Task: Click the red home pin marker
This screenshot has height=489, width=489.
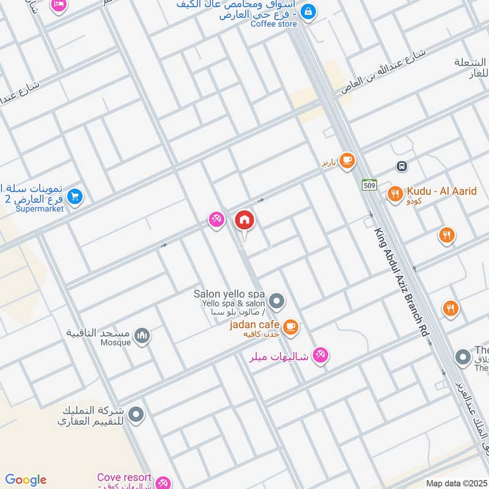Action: (244, 220)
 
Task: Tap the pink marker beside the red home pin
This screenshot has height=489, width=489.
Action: (216, 219)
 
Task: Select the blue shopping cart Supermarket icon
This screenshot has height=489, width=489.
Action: (75, 197)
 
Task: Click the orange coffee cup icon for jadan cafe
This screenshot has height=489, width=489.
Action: (291, 326)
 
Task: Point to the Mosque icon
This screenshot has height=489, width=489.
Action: (142, 336)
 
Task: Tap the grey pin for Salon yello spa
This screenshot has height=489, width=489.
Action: (277, 300)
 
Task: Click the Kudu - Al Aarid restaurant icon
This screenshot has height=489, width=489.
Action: (395, 194)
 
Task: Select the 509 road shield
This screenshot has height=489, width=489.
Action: (369, 184)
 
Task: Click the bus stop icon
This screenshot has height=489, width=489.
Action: (402, 166)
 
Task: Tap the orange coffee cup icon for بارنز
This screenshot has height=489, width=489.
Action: (347, 161)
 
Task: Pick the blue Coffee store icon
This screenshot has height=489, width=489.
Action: (309, 11)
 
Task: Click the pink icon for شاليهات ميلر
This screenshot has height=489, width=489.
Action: (320, 355)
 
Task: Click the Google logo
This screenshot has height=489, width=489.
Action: (26, 480)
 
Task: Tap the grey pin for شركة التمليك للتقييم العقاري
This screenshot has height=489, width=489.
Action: (136, 414)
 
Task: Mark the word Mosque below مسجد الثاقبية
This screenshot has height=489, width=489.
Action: (116, 342)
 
